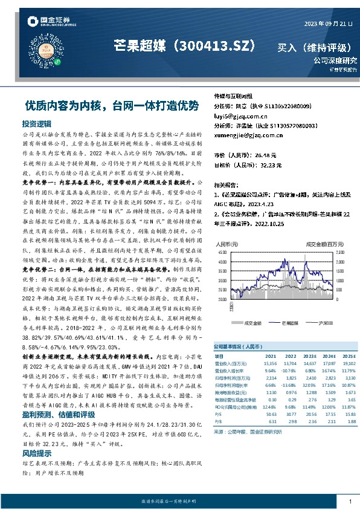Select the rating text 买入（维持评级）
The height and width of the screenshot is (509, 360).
click(x=317, y=47)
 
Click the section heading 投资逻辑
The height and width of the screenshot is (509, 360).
click(x=37, y=123)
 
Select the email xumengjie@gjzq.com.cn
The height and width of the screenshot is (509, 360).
click(x=247, y=136)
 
